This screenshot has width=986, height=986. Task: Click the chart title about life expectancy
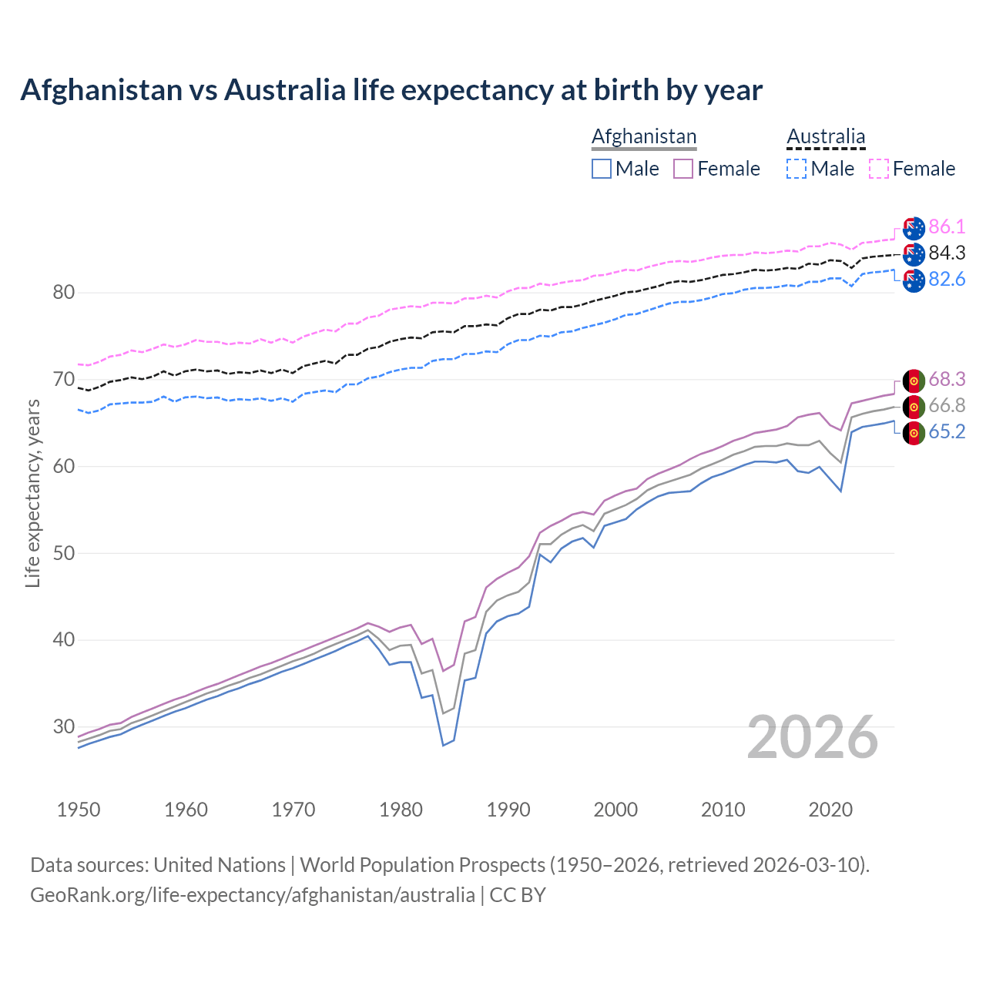[391, 90]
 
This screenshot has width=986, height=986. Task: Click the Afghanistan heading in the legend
[644, 136]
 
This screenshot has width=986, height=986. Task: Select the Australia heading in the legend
[826, 136]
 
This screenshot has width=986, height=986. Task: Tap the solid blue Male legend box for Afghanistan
[602, 169]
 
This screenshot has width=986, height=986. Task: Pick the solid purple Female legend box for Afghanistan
[683, 169]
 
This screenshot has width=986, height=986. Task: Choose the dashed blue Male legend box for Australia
[797, 169]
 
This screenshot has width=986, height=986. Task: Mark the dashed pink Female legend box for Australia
[879, 169]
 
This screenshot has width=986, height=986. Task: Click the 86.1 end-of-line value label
[947, 226]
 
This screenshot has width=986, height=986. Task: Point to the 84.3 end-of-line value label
[947, 253]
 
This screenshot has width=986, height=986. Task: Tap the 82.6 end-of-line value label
[947, 279]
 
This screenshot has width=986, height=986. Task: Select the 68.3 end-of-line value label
[947, 379]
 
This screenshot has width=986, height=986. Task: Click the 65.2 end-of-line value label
[947, 431]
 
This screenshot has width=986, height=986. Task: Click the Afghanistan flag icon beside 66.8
[914, 406]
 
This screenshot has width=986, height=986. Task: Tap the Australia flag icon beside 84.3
[914, 253]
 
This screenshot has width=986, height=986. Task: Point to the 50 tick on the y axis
[64, 553]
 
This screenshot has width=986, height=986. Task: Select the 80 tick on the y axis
[64, 293]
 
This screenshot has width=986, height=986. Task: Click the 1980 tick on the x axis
[401, 810]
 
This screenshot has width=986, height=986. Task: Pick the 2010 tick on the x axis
[723, 810]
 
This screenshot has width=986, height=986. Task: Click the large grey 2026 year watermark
[813, 737]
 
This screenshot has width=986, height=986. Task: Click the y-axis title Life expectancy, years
[33, 493]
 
